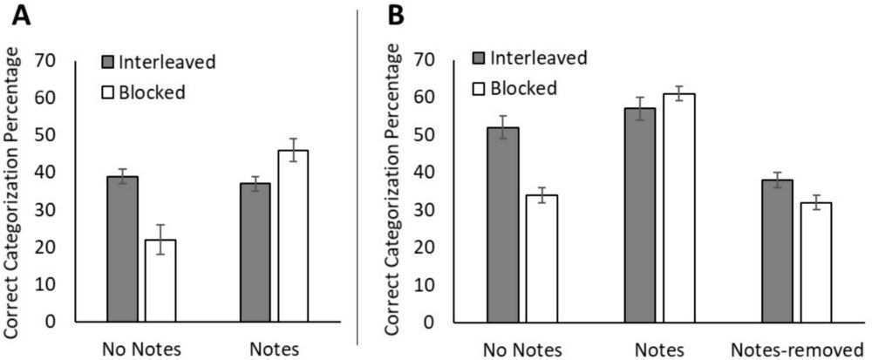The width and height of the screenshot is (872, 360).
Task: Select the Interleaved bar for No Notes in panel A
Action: pyautogui.click(x=122, y=248)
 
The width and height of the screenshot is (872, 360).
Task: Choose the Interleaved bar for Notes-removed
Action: pyautogui.click(x=777, y=250)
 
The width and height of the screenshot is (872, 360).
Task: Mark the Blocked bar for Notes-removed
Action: pyautogui.click(x=814, y=262)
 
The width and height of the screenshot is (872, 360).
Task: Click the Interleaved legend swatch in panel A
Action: pyautogui.click(x=108, y=62)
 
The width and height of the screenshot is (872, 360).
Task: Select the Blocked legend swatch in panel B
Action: pyautogui.click(x=477, y=87)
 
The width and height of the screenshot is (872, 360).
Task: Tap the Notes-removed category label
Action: pyautogui.click(x=796, y=348)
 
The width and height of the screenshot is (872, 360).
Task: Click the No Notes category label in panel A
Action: pyautogui.click(x=141, y=348)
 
